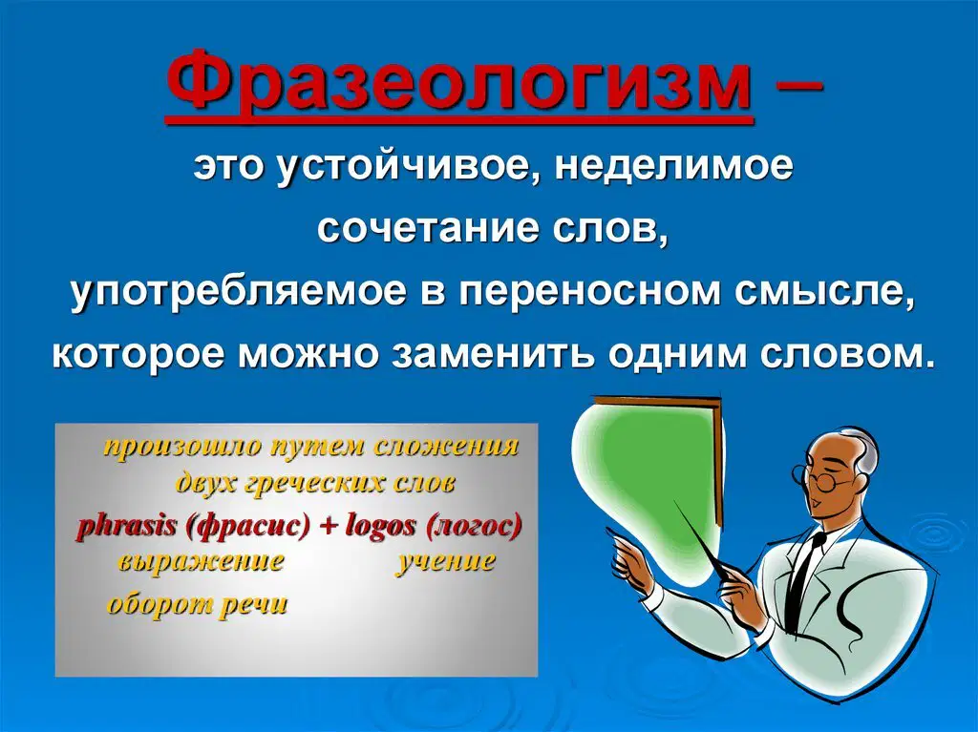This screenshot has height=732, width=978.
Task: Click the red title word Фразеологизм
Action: click(460, 84)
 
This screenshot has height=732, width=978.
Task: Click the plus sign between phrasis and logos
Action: click(328, 527)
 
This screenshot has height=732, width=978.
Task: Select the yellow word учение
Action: click(446, 561)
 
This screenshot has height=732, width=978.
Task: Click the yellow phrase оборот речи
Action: click(198, 604)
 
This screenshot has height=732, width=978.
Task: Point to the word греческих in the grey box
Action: click(315, 483)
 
